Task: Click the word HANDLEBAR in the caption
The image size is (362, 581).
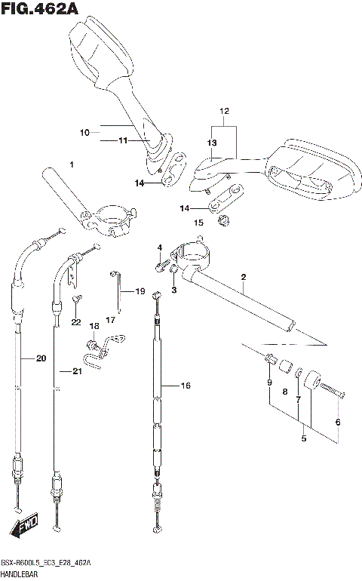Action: point(22,574)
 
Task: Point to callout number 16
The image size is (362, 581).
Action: point(186,386)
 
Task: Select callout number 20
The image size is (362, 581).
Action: point(41,358)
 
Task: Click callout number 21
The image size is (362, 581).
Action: point(75,371)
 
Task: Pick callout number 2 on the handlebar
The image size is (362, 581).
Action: point(244,278)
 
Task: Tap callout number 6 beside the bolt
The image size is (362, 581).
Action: point(337,422)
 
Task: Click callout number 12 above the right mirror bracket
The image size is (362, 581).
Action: point(223,112)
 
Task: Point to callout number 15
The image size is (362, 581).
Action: point(198,223)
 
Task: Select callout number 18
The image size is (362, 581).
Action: point(94,326)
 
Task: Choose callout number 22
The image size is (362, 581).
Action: point(75,322)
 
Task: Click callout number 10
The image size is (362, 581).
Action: point(85,133)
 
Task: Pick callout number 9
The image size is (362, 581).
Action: point(269,383)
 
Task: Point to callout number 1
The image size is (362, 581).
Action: point(72,164)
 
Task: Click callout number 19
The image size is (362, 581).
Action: point(140,291)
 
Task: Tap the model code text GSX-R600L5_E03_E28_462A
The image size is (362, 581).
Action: point(46,564)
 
